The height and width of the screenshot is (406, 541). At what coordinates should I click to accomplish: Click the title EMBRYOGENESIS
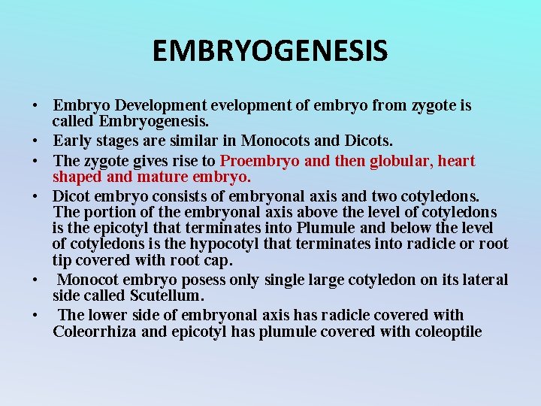coord(270,51)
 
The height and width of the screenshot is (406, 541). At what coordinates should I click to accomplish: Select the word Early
coord(73,141)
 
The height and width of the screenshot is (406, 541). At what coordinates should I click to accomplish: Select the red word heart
coord(456,161)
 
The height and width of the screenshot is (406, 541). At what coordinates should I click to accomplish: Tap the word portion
coord(106,212)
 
